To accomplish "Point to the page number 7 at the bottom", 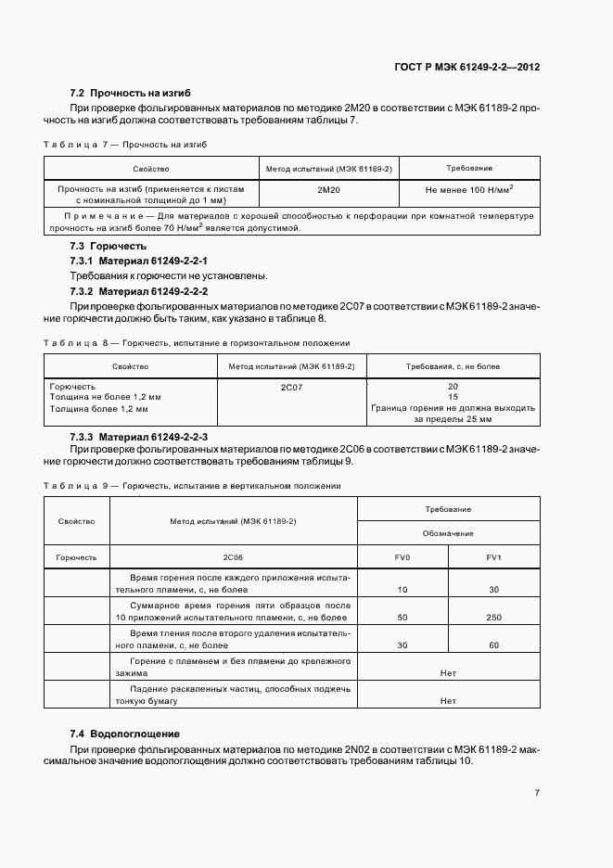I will [x=538, y=794].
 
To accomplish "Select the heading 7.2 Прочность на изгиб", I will [x=131, y=94].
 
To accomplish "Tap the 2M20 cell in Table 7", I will [x=329, y=189].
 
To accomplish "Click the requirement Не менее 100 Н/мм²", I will [x=469, y=189].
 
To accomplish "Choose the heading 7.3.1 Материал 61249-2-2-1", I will [x=139, y=262].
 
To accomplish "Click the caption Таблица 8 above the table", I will [x=76, y=343].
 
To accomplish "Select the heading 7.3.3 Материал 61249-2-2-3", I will [x=139, y=436].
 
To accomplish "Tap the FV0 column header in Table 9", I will [x=402, y=557].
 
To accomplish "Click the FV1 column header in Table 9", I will [x=493, y=557].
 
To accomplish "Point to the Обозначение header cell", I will [x=448, y=533].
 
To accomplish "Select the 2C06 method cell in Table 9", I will [x=233, y=557].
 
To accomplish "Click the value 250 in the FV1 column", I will [x=493, y=617].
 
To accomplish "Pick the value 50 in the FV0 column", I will [x=402, y=617].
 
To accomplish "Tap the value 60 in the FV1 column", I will [x=493, y=645].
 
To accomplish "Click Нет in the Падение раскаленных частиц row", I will [x=448, y=701].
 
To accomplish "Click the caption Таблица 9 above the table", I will [x=76, y=486].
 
